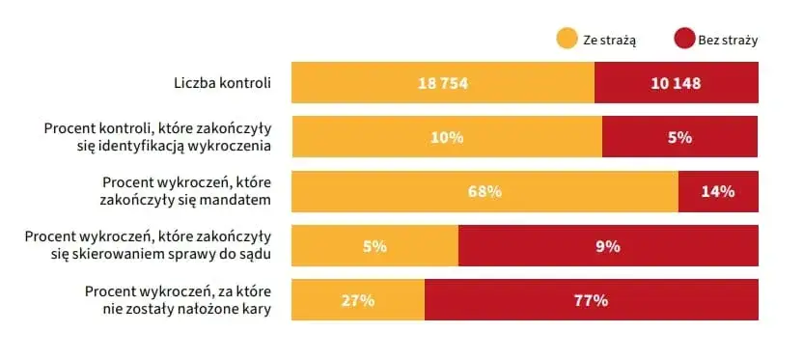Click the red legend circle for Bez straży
point(684,40)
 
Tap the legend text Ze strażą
point(609,40)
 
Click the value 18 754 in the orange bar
point(443,83)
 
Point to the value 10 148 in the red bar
point(676,83)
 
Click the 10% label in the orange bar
point(447,137)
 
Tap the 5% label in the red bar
point(679,137)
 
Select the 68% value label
point(485,191)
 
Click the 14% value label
point(718,191)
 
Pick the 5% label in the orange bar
point(374,246)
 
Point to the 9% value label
point(608,246)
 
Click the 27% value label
point(357,300)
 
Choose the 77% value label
point(591,300)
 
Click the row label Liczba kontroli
point(217,83)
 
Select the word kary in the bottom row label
point(256,309)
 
